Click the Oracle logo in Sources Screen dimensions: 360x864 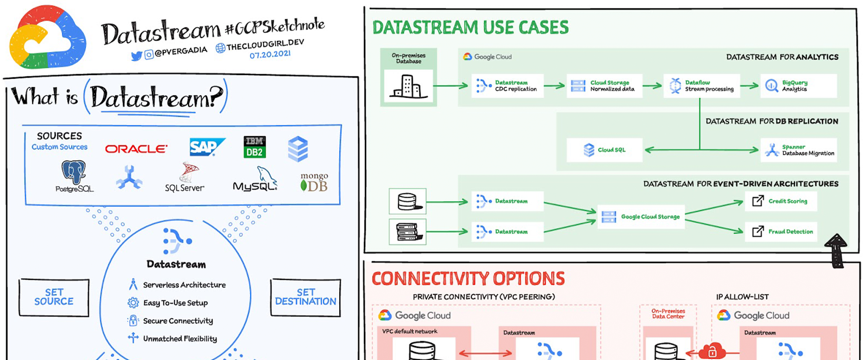[x=136, y=149]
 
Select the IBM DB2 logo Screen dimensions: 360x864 [x=254, y=147]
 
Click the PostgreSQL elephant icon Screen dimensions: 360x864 [x=74, y=172]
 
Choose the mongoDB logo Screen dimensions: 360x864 [x=314, y=183]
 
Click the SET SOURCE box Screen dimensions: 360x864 [x=54, y=297]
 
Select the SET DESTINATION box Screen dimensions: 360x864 [x=306, y=297]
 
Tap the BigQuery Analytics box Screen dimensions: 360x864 [x=798, y=86]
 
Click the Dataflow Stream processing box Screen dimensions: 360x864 [x=701, y=86]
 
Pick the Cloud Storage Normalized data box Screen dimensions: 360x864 [x=604, y=86]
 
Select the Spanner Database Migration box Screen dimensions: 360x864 [x=799, y=150]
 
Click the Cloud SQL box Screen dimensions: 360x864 [x=604, y=150]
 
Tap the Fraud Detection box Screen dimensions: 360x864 [x=781, y=232]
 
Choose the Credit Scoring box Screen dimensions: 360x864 [x=781, y=201]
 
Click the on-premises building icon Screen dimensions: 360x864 [x=408, y=86]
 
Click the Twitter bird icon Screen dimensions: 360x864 [x=136, y=57]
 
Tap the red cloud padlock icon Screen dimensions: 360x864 [x=712, y=351]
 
